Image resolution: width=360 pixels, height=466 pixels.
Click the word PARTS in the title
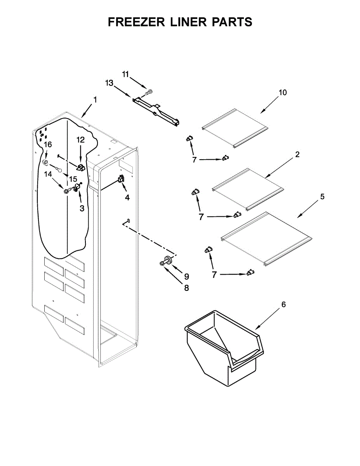coord(232,22)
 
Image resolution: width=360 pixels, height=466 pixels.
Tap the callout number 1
coord(95,100)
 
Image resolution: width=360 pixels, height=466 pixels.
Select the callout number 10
coord(282,92)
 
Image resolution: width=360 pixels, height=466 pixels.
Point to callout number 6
coord(283,305)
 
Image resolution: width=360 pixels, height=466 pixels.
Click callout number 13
coord(109,83)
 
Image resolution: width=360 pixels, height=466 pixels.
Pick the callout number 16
coord(47,144)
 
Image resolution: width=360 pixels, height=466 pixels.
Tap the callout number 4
coord(127,197)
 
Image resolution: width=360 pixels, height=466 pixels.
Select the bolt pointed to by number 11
coord(149,92)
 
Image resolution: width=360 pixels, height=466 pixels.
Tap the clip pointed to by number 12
coord(81,167)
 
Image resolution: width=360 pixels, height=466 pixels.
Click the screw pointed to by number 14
coord(67,191)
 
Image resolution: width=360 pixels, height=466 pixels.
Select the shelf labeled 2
coord(248,186)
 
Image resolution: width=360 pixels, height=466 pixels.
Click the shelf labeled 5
coord(266,238)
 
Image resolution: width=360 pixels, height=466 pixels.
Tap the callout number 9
coord(186,276)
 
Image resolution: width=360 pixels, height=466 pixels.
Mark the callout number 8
coord(186,288)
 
